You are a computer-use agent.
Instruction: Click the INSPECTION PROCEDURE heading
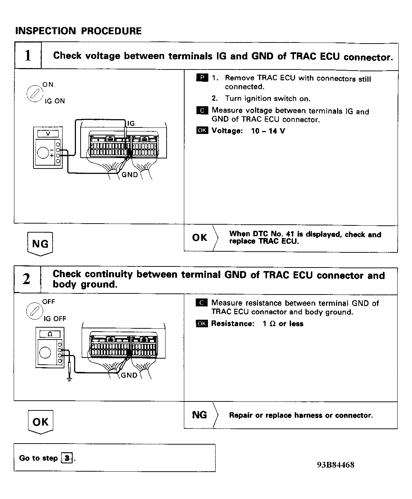(x=78, y=31)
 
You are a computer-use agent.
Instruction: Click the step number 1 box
(x=28, y=56)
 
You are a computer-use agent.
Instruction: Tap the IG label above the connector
(x=131, y=123)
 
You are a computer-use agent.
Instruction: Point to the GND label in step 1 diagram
(x=130, y=175)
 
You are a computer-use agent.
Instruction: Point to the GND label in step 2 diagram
(x=129, y=375)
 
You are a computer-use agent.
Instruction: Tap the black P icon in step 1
(x=202, y=78)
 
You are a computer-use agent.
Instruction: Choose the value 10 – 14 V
(x=268, y=131)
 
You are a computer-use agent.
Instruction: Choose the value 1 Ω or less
(x=283, y=324)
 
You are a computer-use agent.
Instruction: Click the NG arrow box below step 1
(x=40, y=244)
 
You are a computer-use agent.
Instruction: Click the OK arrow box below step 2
(x=40, y=422)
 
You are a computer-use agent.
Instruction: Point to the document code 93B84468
(x=335, y=465)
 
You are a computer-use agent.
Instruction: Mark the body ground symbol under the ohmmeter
(x=69, y=378)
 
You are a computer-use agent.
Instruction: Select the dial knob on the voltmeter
(x=44, y=153)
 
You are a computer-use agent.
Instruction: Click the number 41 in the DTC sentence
(x=290, y=234)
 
